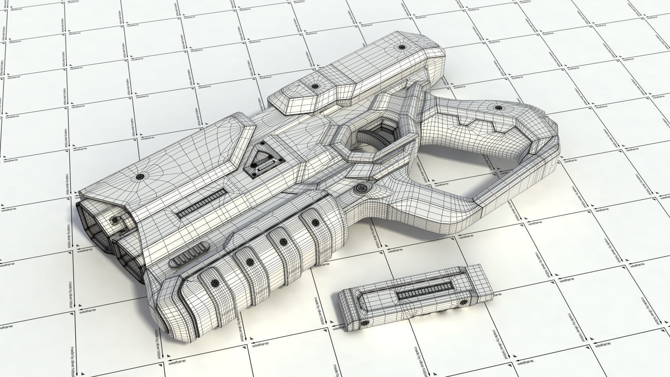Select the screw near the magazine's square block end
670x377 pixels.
(464, 302)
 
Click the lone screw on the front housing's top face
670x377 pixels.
(140, 177)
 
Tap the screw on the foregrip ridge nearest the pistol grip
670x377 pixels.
(315, 222)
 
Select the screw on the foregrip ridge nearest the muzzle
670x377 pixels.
(215, 282)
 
